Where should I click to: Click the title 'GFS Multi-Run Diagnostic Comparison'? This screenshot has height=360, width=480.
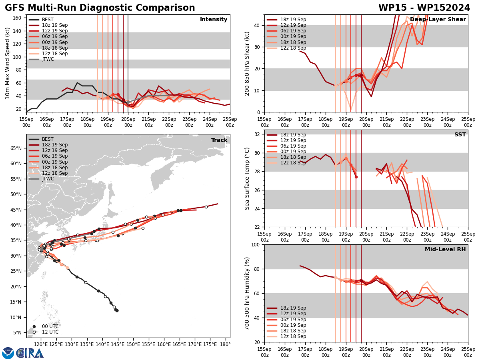pos(100,8)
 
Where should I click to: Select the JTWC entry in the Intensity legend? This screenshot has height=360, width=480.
pos(48,59)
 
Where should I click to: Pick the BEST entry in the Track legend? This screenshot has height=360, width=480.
pos(48,139)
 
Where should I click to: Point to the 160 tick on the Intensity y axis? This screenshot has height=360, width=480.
pos(18,18)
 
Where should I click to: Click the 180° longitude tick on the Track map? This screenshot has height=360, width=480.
pos(225,344)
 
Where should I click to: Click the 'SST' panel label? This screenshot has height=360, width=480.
pos(460,135)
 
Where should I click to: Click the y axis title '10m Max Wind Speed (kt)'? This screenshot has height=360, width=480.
pos(8,63)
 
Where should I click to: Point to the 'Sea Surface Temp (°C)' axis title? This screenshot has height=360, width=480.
pos(247,178)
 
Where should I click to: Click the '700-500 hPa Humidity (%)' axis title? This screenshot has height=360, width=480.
pos(247,293)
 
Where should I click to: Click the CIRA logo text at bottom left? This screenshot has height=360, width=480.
pos(30,353)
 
